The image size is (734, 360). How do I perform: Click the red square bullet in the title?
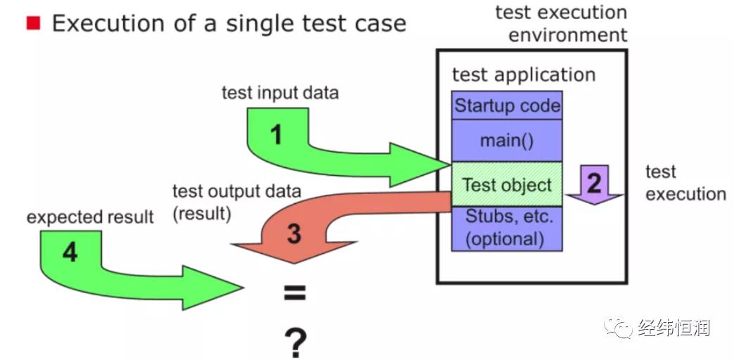click(33, 22)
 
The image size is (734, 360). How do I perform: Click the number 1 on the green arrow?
click(277, 136)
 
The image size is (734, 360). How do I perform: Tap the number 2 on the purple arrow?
click(594, 183)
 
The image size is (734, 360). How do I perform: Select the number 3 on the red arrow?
click(294, 234)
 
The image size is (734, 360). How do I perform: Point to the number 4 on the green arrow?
click(70, 253)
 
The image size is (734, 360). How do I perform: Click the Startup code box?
click(507, 105)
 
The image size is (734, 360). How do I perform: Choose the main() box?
click(507, 141)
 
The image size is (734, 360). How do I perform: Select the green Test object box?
click(507, 184)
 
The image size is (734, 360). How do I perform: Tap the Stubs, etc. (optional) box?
click(507, 229)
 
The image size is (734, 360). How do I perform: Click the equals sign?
click(295, 293)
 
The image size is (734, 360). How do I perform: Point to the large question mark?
click(295, 342)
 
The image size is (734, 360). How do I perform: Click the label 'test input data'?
click(280, 93)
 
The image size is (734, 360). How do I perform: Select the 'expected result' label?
click(90, 217)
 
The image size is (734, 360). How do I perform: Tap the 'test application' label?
click(524, 75)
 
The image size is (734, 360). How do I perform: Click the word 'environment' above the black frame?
click(567, 35)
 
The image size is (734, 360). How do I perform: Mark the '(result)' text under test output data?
click(202, 214)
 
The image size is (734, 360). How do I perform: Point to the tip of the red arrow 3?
click(293, 263)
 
